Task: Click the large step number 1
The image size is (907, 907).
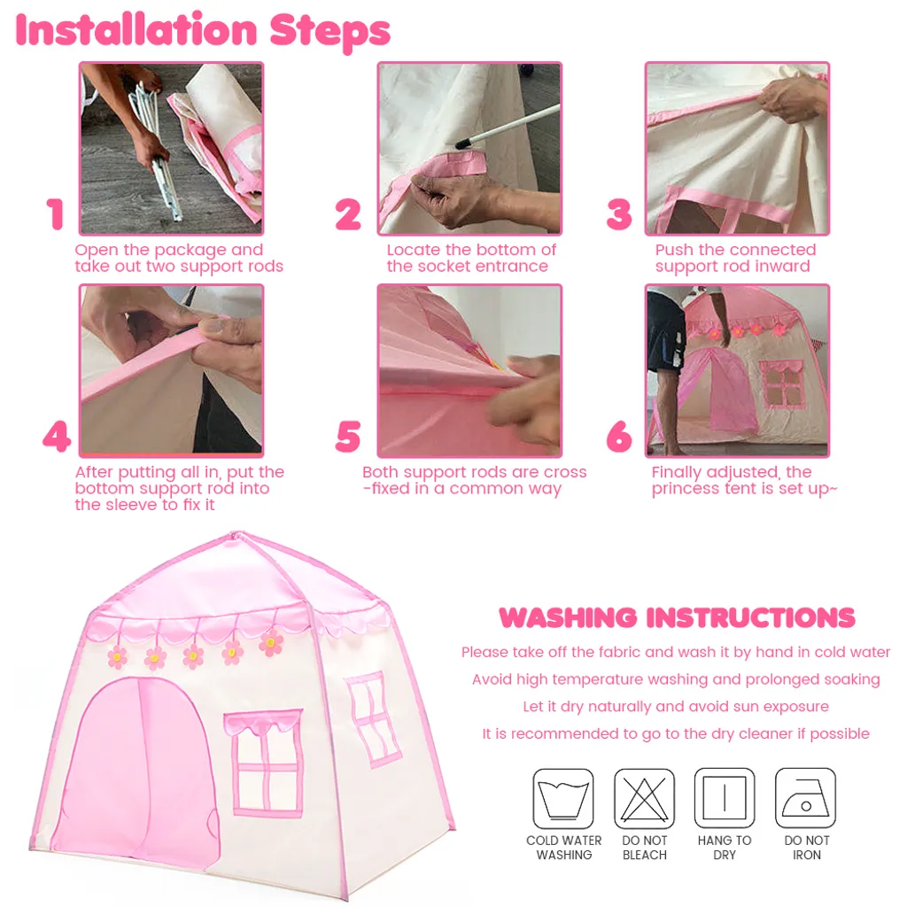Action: (56, 215)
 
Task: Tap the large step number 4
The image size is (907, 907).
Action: (56, 437)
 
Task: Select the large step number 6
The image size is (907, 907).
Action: (619, 437)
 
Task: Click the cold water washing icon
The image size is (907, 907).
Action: (563, 798)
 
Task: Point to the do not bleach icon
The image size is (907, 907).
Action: (644, 798)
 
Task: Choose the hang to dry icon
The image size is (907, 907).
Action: (725, 798)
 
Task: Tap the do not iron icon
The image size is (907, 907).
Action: (805, 798)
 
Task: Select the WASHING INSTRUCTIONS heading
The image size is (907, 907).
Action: (677, 617)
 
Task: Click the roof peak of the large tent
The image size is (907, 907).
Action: (235, 537)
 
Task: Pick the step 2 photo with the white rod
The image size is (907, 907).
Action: (469, 148)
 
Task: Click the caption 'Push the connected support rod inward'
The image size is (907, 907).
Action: (734, 258)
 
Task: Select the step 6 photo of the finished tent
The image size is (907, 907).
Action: (737, 370)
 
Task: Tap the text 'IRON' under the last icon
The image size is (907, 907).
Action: (806, 855)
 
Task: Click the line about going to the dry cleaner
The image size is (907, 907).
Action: (676, 733)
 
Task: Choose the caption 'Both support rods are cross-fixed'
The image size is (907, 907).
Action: (474, 480)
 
